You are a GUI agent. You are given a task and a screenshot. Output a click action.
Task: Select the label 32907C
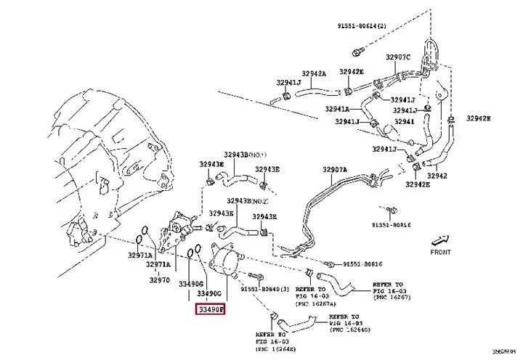(398, 57)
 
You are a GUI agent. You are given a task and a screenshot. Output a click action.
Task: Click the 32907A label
(335, 170)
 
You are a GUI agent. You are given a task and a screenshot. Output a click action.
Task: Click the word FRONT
(440, 252)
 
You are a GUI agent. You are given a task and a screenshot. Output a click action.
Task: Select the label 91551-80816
(362, 264)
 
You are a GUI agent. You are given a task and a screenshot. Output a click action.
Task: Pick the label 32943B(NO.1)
(246, 155)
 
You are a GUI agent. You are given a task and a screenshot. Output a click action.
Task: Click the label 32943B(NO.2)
(248, 200)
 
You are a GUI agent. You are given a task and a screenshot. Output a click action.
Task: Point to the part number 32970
(160, 279)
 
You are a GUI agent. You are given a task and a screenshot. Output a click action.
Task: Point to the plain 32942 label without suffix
(437, 175)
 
